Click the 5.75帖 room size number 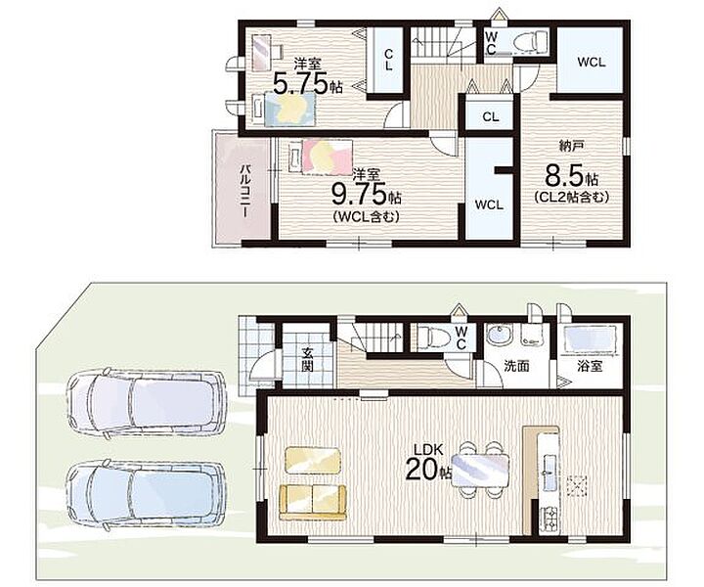[x=308, y=83]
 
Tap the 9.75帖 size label [x=366, y=194]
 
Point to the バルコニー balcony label [x=245, y=191]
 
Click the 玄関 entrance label [x=307, y=360]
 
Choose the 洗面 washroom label [x=516, y=366]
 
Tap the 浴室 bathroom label [x=590, y=366]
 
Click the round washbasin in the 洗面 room [x=498, y=335]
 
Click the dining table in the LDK [x=480, y=471]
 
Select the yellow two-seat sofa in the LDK [x=313, y=502]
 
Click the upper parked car [x=145, y=401]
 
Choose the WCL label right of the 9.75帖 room [x=489, y=205]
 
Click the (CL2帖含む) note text [x=571, y=197]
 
